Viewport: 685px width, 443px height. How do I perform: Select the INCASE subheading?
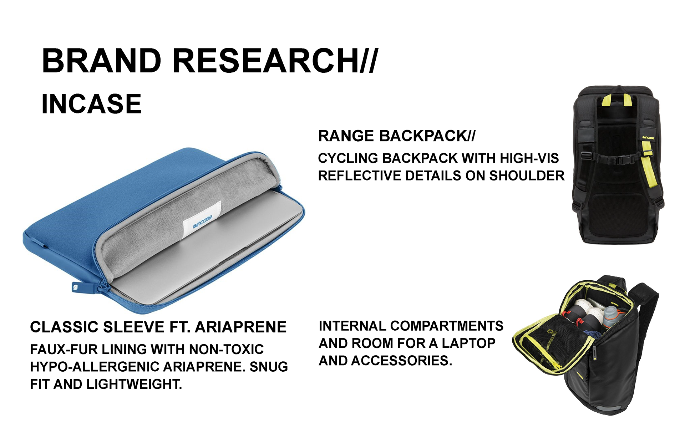point(91,104)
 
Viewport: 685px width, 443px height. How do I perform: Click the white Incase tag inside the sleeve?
point(202,220)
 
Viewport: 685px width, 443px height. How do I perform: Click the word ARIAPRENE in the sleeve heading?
point(241,327)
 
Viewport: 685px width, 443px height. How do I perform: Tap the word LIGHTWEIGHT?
point(134,384)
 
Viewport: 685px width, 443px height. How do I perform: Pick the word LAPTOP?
point(468,343)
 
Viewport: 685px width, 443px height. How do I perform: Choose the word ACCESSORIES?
point(402,361)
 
